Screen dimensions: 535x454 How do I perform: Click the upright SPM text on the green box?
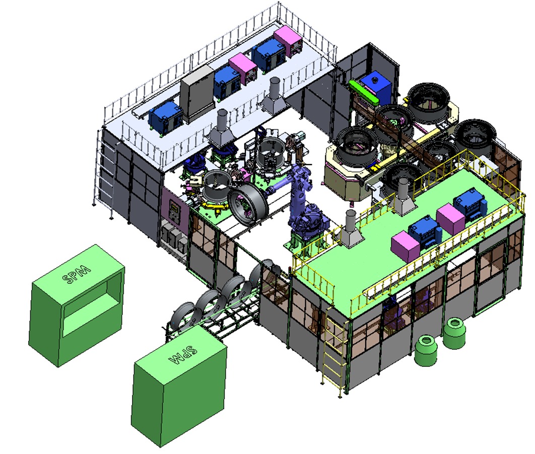77,273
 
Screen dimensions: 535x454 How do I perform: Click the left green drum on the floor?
426,350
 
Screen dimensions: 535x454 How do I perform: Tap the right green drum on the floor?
455,333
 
